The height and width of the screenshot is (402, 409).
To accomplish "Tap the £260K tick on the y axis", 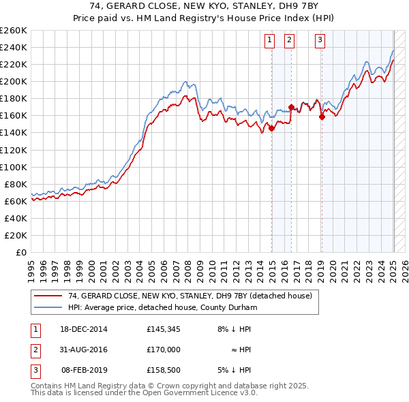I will [14, 31].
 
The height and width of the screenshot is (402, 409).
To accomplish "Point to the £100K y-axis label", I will [14, 167].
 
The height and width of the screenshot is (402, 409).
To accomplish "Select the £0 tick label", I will [20, 252].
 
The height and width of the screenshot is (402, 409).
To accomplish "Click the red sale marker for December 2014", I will [271, 128].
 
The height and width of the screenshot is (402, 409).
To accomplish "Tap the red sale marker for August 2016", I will [291, 107].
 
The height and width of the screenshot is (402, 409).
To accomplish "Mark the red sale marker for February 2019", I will [321, 117].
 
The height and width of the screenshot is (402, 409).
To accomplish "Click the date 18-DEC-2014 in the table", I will [83, 329].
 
